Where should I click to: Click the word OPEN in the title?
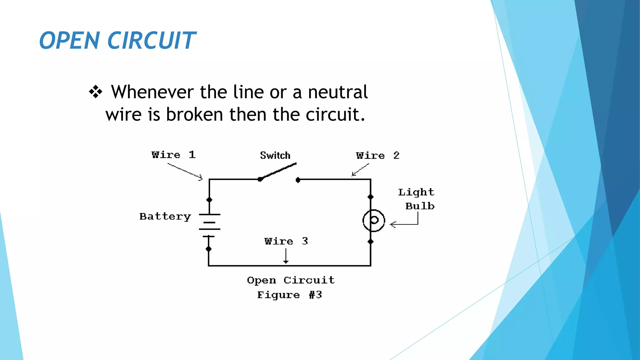[x=69, y=41]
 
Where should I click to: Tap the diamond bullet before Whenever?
[x=96, y=92]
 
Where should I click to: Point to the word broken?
[x=194, y=115]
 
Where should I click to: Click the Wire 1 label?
[x=173, y=155]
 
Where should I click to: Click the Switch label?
[x=275, y=155]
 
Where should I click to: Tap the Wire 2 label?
[x=377, y=155]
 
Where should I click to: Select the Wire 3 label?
[x=286, y=241]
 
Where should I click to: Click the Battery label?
[x=165, y=216]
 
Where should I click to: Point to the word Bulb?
[x=420, y=206]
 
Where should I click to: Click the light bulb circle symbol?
[x=374, y=221]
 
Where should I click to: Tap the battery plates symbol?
[x=209, y=225]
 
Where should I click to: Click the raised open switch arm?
[x=279, y=171]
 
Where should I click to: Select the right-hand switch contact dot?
[x=298, y=180]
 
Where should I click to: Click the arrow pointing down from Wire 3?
[x=286, y=256]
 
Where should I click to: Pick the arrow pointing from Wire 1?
[x=185, y=172]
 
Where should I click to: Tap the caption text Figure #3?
[x=289, y=295]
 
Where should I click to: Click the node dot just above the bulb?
[x=371, y=197]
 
